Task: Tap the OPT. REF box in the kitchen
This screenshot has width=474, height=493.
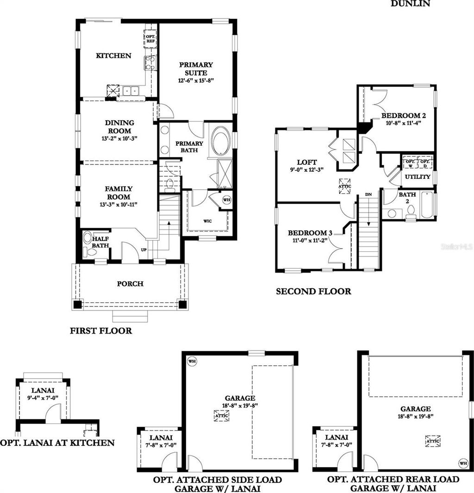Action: pyautogui.click(x=150, y=39)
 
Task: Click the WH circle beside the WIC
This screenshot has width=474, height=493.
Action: pyautogui.click(x=226, y=200)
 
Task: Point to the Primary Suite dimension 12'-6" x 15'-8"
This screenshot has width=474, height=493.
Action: pyautogui.click(x=196, y=81)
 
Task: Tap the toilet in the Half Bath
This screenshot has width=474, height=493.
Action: pyautogui.click(x=88, y=238)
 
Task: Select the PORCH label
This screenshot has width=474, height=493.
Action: pyautogui.click(x=130, y=284)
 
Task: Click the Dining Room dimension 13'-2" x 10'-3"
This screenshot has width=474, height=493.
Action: pyautogui.click(x=120, y=138)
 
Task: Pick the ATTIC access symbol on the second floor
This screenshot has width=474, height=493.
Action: pyautogui.click(x=345, y=186)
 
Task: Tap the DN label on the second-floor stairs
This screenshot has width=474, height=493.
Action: pyautogui.click(x=368, y=194)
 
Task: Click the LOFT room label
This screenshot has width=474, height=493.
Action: pyautogui.click(x=307, y=162)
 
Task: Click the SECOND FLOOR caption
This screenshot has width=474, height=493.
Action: pyautogui.click(x=313, y=292)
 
